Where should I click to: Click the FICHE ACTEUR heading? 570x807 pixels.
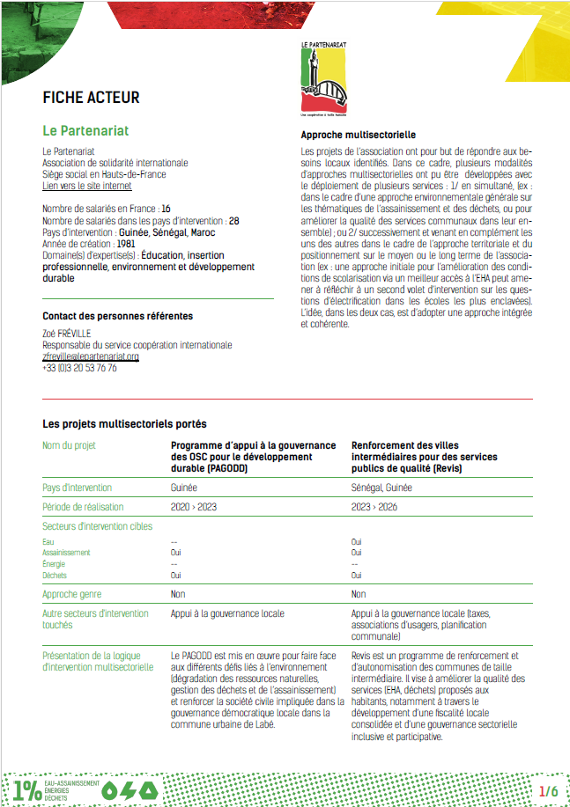[x=91, y=98]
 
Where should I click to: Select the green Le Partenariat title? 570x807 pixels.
[x=85, y=130]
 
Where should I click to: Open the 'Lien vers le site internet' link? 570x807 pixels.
[x=87, y=186]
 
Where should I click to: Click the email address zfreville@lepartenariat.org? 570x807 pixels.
[x=91, y=357]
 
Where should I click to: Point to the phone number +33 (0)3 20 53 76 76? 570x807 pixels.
[x=80, y=368]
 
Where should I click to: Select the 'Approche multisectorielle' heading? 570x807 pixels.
[x=359, y=136]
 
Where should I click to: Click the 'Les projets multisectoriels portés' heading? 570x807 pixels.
[x=125, y=424]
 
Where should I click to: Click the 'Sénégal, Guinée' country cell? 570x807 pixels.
[x=381, y=487]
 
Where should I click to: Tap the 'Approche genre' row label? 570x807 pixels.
[x=70, y=594]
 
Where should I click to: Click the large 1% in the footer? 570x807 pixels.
[x=27, y=790]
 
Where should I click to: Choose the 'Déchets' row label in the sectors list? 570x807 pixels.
[x=54, y=576]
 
